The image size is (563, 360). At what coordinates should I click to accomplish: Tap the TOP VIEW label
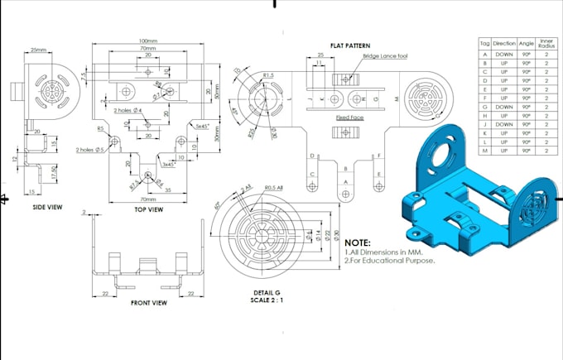[148, 209]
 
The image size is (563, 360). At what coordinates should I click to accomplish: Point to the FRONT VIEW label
[150, 303]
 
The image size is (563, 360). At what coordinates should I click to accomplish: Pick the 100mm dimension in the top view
[148, 41]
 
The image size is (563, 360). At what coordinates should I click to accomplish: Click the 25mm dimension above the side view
[38, 50]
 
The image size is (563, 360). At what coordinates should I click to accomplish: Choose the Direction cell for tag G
[503, 107]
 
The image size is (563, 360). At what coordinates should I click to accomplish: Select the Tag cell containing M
[484, 151]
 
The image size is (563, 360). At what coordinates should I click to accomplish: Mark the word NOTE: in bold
[358, 242]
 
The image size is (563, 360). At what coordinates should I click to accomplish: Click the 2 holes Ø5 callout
[89, 150]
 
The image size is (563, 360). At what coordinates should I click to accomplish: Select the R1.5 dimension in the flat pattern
[267, 75]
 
